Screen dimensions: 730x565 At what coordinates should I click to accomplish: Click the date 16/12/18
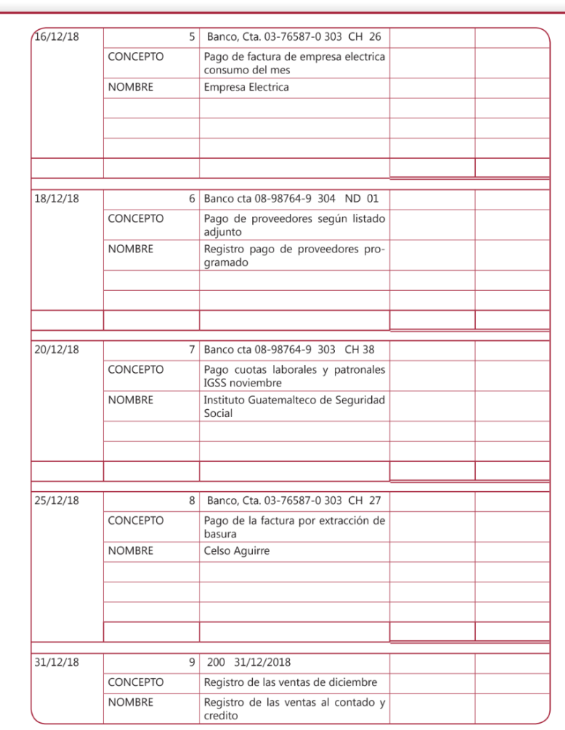57,36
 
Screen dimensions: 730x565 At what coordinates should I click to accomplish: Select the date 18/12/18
57,199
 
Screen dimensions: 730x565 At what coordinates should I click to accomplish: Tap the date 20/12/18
57,350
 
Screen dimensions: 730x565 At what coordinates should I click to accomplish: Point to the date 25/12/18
57,501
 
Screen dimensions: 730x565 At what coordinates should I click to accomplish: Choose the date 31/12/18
57,662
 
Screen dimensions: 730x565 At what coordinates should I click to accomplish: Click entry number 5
192,36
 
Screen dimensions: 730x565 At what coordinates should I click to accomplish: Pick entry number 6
192,199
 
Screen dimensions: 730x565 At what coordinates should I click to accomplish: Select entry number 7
192,350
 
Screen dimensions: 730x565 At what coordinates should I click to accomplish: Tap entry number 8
192,501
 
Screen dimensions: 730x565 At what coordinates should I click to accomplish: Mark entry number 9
192,662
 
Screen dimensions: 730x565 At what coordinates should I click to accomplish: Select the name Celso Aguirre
237,551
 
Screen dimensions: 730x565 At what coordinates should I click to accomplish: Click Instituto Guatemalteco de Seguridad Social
294,406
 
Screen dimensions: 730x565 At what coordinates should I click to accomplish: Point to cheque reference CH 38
359,350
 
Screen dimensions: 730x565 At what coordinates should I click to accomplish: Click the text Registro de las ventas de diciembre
290,682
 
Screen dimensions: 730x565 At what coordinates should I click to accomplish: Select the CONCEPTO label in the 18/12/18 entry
135,218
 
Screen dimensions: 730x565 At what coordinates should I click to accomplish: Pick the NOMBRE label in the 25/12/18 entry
130,551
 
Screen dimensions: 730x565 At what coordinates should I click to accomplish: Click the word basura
220,534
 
